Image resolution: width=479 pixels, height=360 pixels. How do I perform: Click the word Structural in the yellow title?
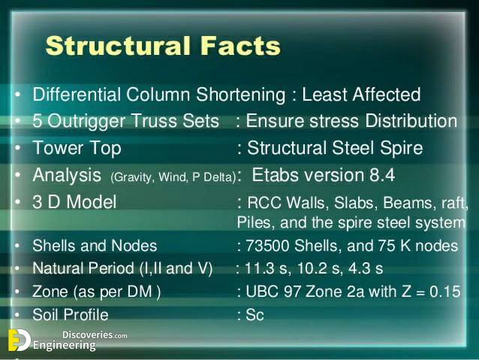click(x=118, y=46)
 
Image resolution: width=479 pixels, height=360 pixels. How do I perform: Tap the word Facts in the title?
click(x=240, y=46)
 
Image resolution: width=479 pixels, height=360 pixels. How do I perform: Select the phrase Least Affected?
click(x=361, y=94)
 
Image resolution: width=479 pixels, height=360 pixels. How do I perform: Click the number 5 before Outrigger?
click(x=37, y=121)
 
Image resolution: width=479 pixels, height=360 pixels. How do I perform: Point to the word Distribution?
click(x=411, y=121)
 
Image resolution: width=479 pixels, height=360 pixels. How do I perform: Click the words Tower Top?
click(x=77, y=148)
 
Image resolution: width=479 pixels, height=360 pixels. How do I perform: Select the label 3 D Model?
click(x=74, y=202)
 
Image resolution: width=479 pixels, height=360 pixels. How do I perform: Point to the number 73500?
click(x=267, y=246)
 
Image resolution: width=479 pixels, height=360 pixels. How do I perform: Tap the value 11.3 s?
click(x=266, y=268)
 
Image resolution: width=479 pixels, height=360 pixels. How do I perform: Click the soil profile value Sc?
click(x=255, y=315)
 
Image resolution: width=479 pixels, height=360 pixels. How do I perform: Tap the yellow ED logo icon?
click(x=19, y=340)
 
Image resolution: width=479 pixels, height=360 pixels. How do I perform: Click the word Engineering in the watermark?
click(x=64, y=346)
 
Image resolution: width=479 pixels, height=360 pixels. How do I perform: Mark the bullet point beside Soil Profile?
click(x=17, y=315)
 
